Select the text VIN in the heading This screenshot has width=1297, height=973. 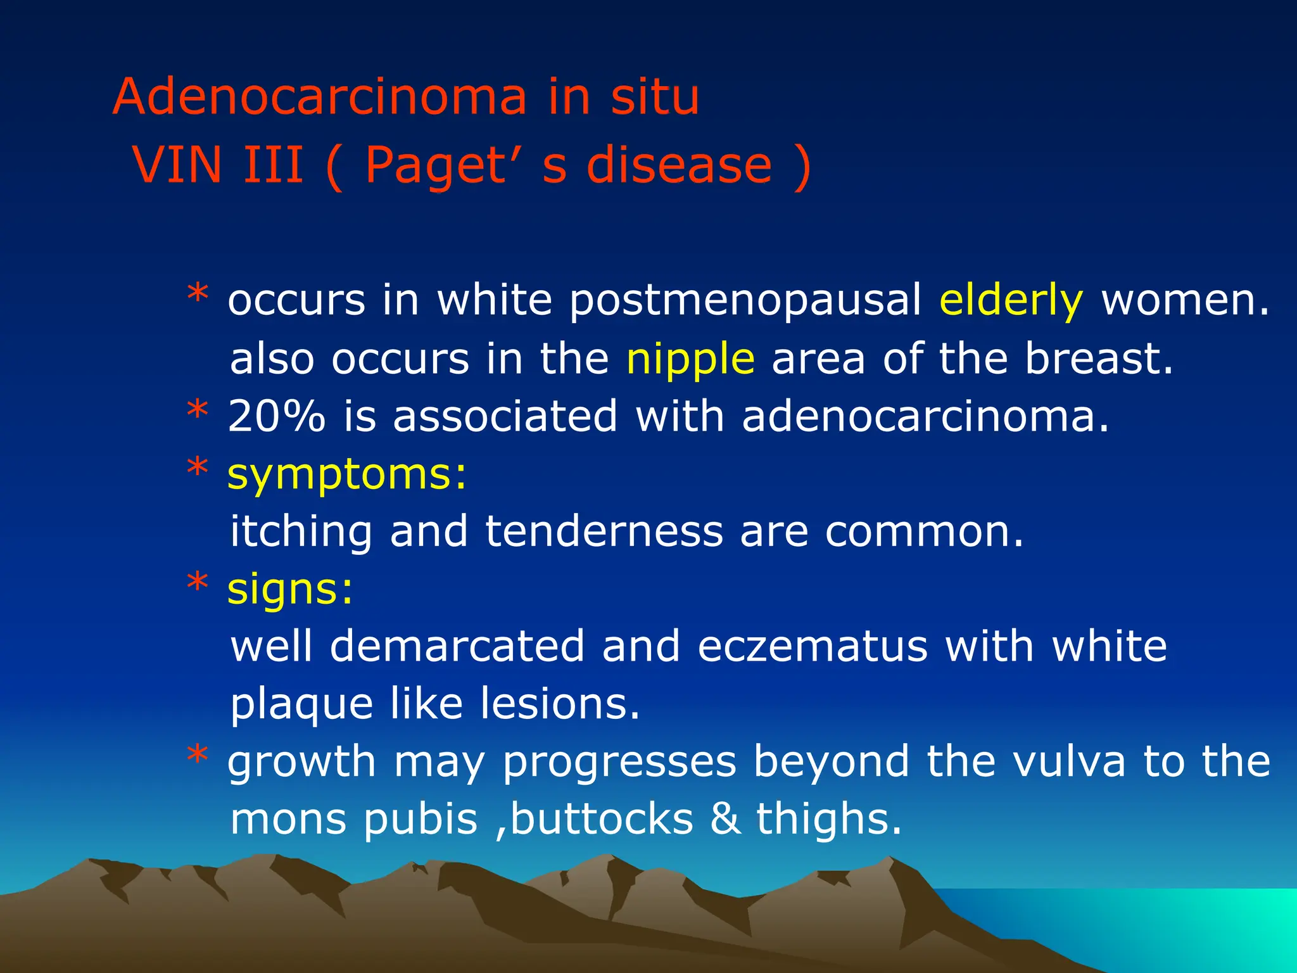pos(177,165)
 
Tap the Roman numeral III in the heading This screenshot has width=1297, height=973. pos(273,165)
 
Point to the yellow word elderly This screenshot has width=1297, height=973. pos(1011,301)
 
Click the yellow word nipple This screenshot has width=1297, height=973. pos(690,360)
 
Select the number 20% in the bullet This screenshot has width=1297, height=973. pos(276,417)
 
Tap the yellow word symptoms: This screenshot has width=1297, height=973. pos(346,475)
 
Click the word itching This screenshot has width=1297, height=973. pos(301,532)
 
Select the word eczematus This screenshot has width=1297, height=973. pos(813,647)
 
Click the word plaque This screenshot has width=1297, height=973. pos(301,705)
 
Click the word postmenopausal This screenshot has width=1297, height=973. pos(745,301)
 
